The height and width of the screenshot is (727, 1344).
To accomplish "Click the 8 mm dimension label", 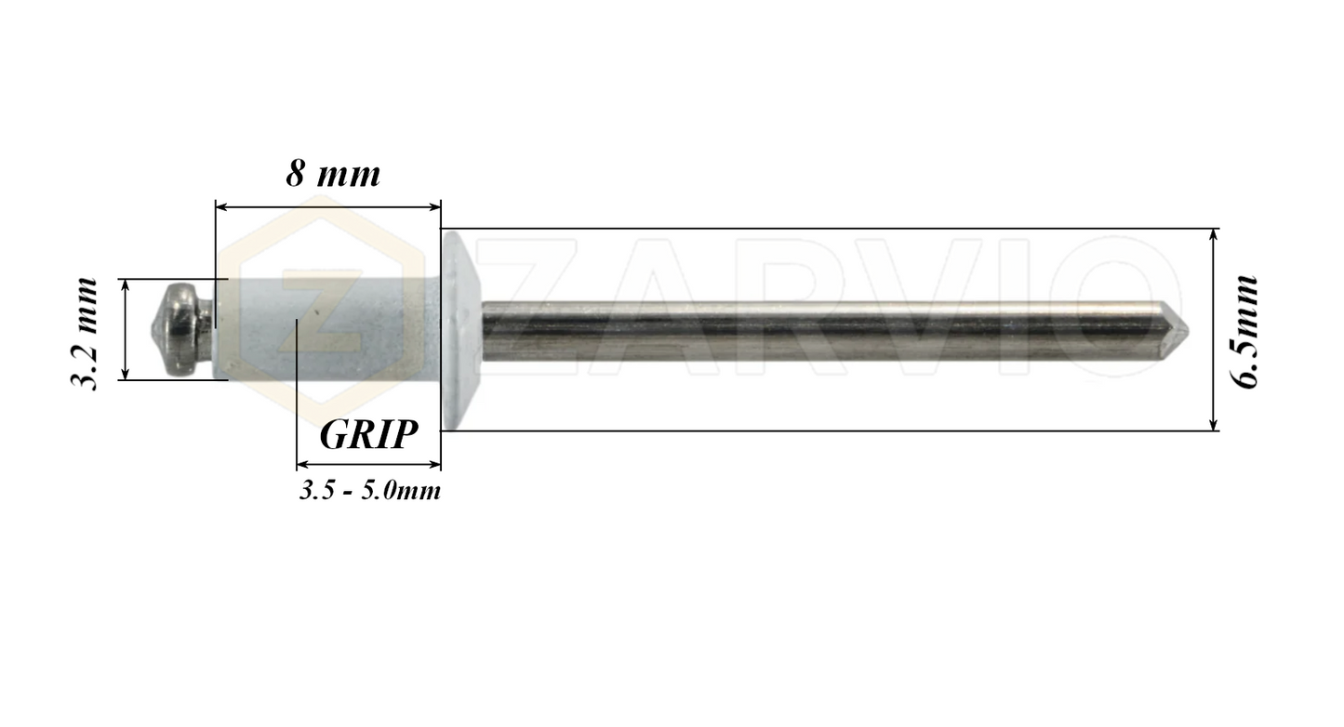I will point(333,174).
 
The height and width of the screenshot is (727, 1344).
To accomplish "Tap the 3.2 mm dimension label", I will point(86,333).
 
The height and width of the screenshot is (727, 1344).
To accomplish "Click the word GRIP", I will point(367,434).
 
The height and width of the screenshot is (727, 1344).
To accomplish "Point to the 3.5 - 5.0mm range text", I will point(369,491).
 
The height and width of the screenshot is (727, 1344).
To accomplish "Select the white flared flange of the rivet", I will point(459,330).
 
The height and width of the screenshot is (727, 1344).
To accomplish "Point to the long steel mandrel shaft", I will point(818,330).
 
